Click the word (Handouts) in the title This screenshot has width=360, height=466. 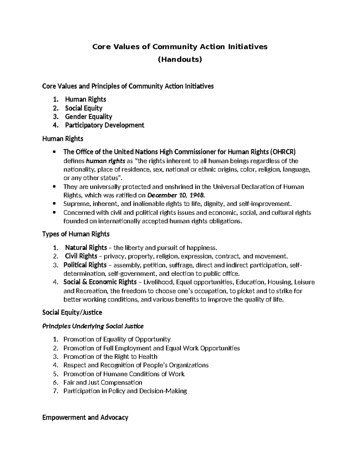pos(180,59)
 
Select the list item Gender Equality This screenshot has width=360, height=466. pos(88,116)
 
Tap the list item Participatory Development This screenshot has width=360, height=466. pos(104,125)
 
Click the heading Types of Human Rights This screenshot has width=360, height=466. pos(76,234)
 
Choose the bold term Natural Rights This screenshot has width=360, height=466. pos(86,248)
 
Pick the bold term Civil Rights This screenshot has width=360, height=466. pos(81,256)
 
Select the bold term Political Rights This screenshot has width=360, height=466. pos(85,265)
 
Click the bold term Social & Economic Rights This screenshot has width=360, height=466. pos(100,282)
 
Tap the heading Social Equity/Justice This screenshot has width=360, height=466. pos(72,312)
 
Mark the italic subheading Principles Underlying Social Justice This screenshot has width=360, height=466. pos(93,326)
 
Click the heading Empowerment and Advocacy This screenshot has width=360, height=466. pos(85,417)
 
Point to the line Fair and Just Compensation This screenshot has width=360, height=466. pos(103,382)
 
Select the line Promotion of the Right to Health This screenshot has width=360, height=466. pos(110,356)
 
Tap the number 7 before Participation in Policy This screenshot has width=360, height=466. pos(55,391)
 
